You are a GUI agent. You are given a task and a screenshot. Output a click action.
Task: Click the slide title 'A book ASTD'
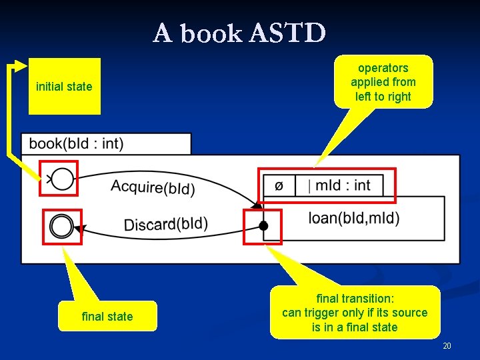coord(239,33)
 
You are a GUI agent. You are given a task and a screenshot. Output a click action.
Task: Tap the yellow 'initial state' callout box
coord(64,86)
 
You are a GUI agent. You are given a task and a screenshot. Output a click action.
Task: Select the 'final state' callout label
coord(107,317)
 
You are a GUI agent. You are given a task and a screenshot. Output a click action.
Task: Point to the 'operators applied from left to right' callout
coord(383,82)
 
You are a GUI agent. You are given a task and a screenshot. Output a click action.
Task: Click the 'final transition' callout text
coord(355,313)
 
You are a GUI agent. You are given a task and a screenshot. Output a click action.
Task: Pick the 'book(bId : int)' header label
coord(76,143)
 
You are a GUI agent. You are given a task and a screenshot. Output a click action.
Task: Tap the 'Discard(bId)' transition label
coord(166,224)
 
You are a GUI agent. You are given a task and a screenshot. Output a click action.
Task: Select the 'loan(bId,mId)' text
coord(354,218)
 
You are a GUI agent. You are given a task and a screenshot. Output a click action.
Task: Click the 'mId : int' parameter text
coord(343,185)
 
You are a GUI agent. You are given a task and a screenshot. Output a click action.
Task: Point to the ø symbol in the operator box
coord(279,185)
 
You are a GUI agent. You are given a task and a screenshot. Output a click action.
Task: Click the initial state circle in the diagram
coord(62,178)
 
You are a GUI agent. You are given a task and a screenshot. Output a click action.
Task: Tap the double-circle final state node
coord(62,227)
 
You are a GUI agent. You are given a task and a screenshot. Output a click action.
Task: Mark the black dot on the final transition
coord(264,226)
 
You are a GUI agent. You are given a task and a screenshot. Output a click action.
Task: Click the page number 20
coord(447,345)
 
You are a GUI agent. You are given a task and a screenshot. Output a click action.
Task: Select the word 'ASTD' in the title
coord(288,33)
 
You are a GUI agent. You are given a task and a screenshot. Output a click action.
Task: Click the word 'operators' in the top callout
coord(383,68)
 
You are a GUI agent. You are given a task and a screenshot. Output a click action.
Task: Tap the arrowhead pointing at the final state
coord(80,229)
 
